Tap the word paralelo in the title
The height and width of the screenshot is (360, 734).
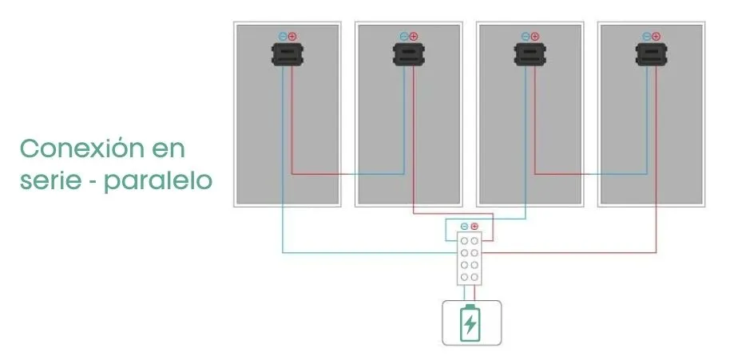pyautogui.click(x=158, y=180)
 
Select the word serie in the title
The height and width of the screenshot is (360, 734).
pyautogui.click(x=50, y=180)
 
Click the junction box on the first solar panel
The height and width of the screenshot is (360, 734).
pyautogui.click(x=288, y=54)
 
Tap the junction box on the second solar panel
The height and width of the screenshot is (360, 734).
pyautogui.click(x=409, y=54)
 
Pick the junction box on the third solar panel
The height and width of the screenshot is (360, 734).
pyautogui.click(x=530, y=54)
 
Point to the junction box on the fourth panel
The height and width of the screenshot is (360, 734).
pyautogui.click(x=651, y=54)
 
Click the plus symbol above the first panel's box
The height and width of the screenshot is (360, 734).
pyautogui.click(x=292, y=36)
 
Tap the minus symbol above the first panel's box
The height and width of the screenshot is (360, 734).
pyautogui.click(x=283, y=36)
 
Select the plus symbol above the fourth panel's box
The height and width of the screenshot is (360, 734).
pyautogui.click(x=656, y=36)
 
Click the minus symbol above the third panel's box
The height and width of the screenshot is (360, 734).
pyautogui.click(x=526, y=36)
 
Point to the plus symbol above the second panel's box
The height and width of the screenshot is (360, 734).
pyautogui.click(x=414, y=36)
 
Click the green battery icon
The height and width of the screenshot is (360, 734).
pyautogui.click(x=470, y=323)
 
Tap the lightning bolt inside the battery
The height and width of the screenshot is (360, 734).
pyautogui.click(x=470, y=324)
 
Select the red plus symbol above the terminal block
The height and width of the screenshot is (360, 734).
pyautogui.click(x=474, y=227)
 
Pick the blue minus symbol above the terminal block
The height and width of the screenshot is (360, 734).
pyautogui.click(x=464, y=227)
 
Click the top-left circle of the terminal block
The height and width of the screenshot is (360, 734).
pyautogui.click(x=464, y=240)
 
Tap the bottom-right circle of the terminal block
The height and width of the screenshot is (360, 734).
pyautogui.click(x=474, y=277)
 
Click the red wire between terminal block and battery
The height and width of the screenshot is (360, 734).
pyautogui.click(x=474, y=293)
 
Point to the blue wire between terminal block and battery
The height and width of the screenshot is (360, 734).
pyautogui.click(x=464, y=293)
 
